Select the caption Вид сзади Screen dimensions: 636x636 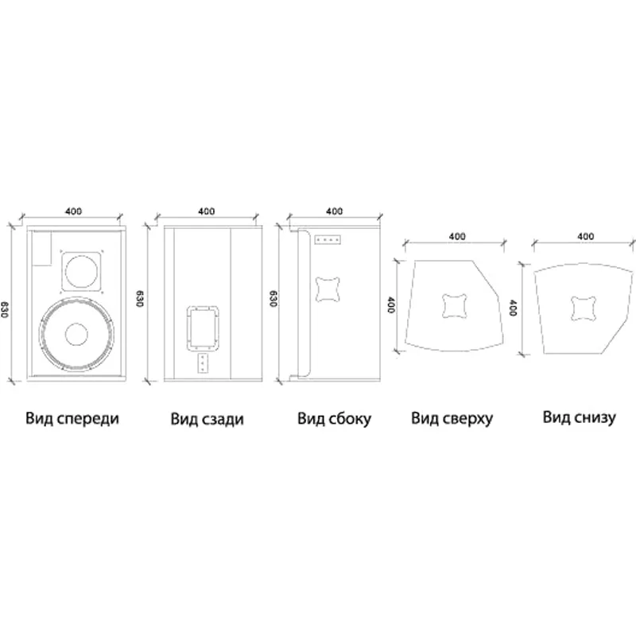click(x=207, y=418)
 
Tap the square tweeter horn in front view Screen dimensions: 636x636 click(x=83, y=272)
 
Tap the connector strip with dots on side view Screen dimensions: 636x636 click(x=328, y=240)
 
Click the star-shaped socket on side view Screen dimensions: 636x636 click(x=330, y=288)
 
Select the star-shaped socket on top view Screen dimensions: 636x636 click(x=454, y=305)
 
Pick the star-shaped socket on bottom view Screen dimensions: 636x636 click(x=584, y=305)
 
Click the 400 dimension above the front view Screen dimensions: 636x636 click(x=73, y=211)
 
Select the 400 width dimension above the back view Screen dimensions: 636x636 click(x=206, y=211)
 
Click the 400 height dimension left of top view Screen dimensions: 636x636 click(x=391, y=305)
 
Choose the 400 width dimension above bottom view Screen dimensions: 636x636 click(x=585, y=236)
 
